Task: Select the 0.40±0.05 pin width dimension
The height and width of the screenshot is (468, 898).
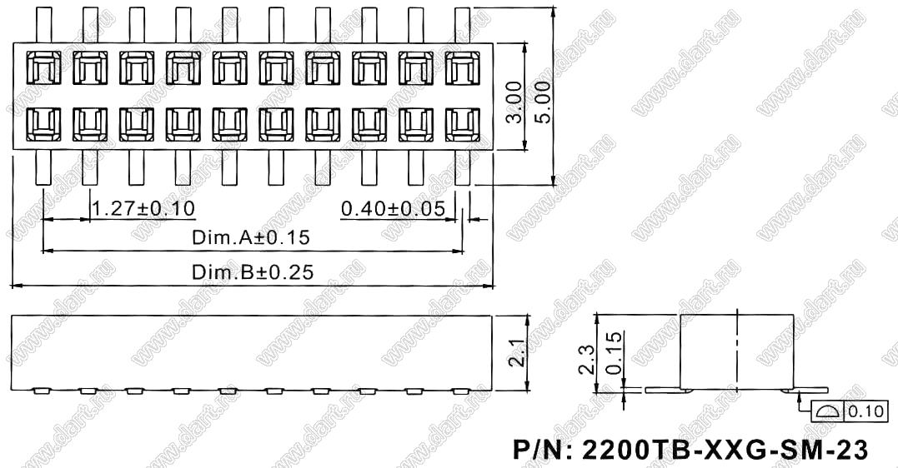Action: tap(394, 208)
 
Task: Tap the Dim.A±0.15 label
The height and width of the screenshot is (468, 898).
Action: tap(251, 237)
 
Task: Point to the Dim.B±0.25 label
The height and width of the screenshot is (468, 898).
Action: tap(253, 273)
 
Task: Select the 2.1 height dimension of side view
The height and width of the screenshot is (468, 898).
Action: tap(517, 354)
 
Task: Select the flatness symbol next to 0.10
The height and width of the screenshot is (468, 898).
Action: tap(826, 410)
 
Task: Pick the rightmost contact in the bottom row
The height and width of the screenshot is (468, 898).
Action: tap(463, 125)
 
